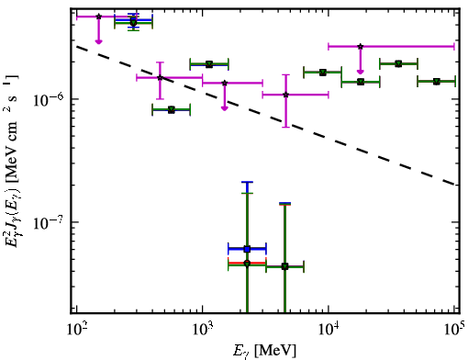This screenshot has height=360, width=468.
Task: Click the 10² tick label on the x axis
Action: (x=77, y=330)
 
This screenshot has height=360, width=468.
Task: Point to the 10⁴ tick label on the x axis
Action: (x=329, y=330)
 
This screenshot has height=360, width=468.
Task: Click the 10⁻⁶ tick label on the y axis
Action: (x=48, y=100)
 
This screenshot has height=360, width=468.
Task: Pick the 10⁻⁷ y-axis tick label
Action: (x=48, y=222)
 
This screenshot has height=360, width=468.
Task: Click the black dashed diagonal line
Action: (x=266, y=116)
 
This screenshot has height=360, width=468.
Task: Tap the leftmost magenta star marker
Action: (x=98, y=17)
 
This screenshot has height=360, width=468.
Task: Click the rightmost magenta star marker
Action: (x=361, y=47)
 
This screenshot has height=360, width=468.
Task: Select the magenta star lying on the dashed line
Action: (x=160, y=78)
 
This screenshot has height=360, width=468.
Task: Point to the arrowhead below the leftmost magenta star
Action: (x=98, y=41)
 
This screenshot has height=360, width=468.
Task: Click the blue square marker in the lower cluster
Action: (x=247, y=249)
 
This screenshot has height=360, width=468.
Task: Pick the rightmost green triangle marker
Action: (x=437, y=82)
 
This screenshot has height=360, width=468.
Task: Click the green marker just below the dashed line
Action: (x=172, y=109)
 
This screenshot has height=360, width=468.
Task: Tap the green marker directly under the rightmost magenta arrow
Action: (x=361, y=82)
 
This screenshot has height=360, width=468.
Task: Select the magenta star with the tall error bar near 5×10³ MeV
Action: (x=286, y=95)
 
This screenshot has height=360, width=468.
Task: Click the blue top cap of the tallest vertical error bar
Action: (x=247, y=182)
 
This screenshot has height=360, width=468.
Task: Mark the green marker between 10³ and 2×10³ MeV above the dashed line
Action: (x=209, y=64)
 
